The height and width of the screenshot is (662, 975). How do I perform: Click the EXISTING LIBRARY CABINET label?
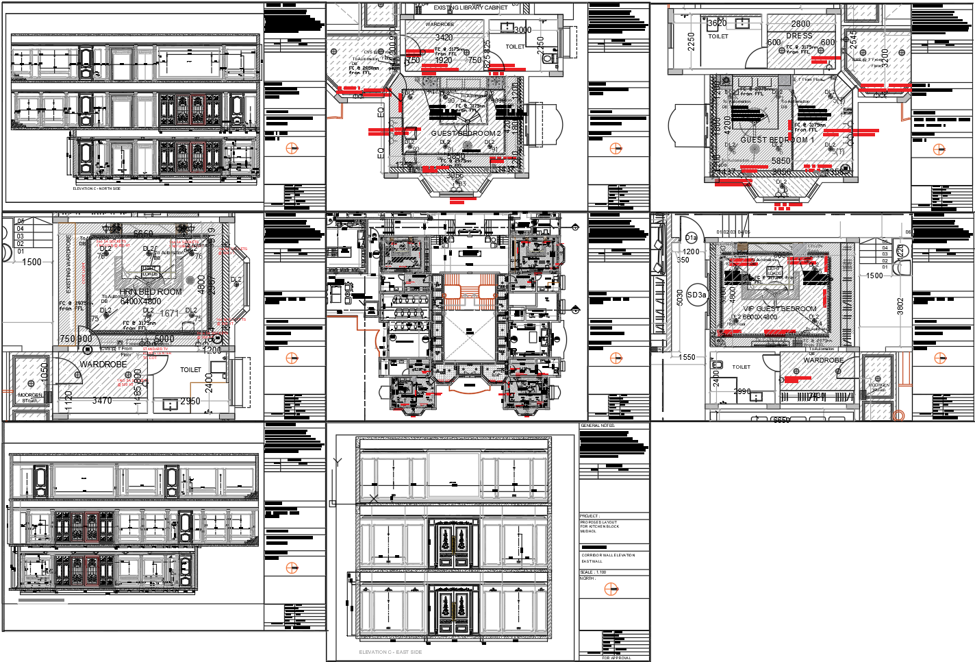point(470,8)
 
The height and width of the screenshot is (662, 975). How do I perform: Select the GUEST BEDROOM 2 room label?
point(466,133)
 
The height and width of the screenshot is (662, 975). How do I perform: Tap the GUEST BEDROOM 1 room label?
point(777,140)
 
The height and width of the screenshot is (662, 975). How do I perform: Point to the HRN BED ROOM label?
point(151,292)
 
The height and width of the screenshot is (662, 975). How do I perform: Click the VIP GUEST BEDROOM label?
point(780,309)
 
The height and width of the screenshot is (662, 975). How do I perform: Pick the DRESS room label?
point(799,36)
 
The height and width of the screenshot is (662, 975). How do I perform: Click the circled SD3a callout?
point(696,295)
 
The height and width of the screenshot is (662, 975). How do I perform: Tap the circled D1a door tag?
point(692,238)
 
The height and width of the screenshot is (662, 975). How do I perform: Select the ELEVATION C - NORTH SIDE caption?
point(97,188)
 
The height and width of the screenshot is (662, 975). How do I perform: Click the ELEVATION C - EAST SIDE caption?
point(390,652)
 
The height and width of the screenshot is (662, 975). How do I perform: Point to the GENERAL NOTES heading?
point(598,426)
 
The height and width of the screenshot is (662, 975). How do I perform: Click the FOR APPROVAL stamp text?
point(616,658)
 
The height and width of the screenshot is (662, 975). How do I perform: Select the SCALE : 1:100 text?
point(593,572)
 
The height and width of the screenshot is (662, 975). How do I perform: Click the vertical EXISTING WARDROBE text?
point(68,264)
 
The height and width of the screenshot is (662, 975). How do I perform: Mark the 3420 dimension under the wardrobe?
point(444,38)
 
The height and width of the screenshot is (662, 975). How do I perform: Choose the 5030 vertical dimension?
point(679,297)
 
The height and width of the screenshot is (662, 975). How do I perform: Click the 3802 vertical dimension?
point(900,306)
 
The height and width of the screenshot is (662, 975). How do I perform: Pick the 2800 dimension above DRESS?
point(800,23)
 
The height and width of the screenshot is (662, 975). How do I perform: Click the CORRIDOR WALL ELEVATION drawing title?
point(608,555)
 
